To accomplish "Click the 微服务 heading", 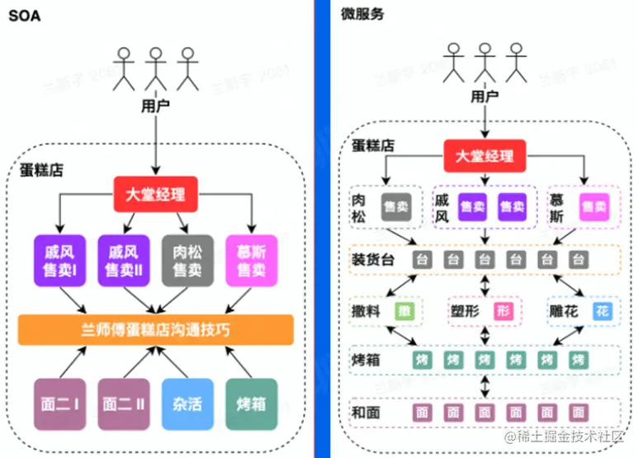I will pos(357,14).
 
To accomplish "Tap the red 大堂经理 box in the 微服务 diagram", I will pos(484,156).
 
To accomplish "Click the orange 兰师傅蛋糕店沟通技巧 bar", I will pos(155,330).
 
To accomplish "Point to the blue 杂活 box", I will pos(187,404).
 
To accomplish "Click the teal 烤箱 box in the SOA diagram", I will pos(251,404).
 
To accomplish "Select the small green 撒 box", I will pos(404,311).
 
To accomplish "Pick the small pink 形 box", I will pos(503,311).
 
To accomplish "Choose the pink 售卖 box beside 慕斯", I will pos(592,207).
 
